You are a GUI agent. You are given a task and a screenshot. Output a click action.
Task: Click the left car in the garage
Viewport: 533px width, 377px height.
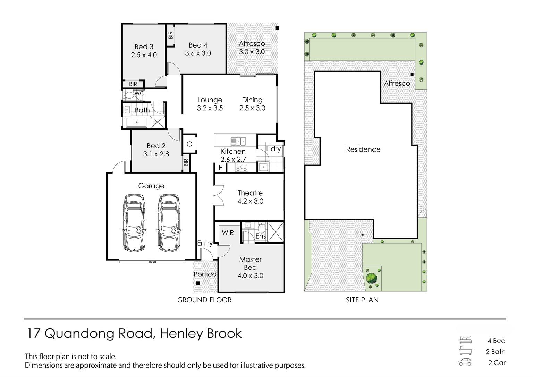click(134, 223)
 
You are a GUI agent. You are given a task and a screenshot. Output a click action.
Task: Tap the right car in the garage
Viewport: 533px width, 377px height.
click(169, 223)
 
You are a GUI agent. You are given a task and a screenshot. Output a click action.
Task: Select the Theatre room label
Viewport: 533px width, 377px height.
click(250, 193)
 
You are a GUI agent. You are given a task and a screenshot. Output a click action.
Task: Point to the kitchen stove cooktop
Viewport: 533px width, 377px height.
click(242, 167)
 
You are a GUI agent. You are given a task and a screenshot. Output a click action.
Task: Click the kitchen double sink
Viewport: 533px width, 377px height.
click(239, 142)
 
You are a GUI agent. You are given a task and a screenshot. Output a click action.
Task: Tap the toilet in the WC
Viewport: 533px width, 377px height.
click(128, 95)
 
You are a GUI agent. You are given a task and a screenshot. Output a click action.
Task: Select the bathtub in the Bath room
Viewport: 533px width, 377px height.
click(136, 122)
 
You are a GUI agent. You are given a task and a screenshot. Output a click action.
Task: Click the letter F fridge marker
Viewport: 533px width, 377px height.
click(221, 168)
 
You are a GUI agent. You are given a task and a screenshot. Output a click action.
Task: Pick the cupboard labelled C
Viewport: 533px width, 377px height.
click(189, 144)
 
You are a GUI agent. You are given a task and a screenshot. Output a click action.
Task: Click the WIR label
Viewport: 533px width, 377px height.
click(228, 233)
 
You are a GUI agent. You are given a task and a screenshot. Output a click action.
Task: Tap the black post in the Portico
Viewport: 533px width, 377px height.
click(198, 283)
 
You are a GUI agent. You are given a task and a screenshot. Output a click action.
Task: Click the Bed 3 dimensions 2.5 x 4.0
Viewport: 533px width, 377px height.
click(144, 55)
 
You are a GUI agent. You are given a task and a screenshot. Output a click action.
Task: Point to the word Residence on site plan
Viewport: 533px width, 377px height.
click(363, 149)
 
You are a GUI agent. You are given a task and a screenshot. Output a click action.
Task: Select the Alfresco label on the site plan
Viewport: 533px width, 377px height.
click(397, 83)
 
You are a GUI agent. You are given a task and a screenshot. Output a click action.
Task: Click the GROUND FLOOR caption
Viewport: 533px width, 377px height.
click(204, 300)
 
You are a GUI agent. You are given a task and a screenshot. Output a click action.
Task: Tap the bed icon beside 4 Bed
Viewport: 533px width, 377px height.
click(466, 340)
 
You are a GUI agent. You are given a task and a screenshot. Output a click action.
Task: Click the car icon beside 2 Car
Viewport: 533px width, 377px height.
click(465, 362)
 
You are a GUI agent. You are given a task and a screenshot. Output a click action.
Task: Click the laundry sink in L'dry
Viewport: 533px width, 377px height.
click(263, 167)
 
